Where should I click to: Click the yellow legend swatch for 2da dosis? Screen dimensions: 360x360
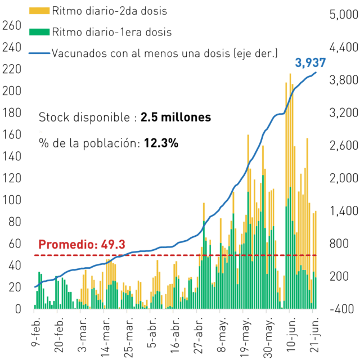pyautogui.click(x=39, y=11)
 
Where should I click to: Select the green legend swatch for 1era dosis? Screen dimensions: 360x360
pyautogui.click(x=39, y=32)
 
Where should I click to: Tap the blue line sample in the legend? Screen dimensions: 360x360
pyautogui.click(x=39, y=53)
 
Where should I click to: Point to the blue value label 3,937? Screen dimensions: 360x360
pyautogui.click(x=310, y=63)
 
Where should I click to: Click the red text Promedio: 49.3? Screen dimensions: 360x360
pyautogui.click(x=82, y=244)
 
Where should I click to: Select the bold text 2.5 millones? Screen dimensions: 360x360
pyautogui.click(x=175, y=118)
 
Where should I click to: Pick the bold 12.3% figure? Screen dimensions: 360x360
pyautogui.click(x=161, y=143)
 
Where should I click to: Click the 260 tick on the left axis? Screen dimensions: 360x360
pyautogui.click(x=12, y=25)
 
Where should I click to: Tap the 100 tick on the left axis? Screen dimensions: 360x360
pyautogui.click(x=12, y=200)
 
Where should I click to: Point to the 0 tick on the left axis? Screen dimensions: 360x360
pyautogui.click(x=18, y=309)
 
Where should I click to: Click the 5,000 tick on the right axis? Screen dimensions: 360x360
pyautogui.click(x=344, y=15)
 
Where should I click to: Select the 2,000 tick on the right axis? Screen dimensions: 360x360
pyautogui.click(x=344, y=178)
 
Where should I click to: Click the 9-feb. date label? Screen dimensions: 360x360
pyautogui.click(x=35, y=332)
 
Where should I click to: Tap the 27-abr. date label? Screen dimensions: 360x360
pyautogui.click(x=198, y=336)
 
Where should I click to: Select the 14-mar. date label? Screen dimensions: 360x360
pyautogui.click(x=105, y=337)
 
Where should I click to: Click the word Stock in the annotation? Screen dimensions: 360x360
pyautogui.click(x=54, y=118)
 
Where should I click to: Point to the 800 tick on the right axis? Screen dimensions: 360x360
pyautogui.click(x=339, y=244)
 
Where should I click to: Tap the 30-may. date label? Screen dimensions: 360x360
pyautogui.click(x=268, y=337)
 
